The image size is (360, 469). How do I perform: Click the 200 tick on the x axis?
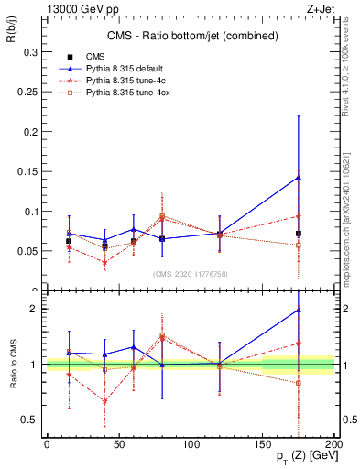[334, 444]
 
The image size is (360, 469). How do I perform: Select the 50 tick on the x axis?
[118, 444]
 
